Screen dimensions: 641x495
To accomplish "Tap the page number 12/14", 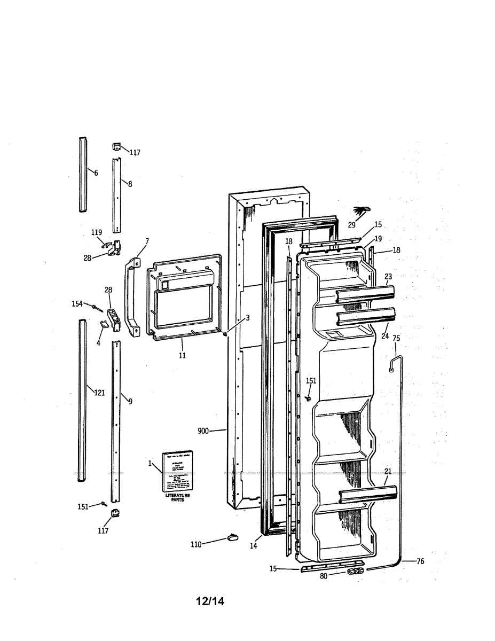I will click(x=210, y=601).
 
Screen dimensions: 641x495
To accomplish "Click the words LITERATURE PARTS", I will click(x=177, y=498).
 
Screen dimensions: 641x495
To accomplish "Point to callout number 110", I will click(x=196, y=544).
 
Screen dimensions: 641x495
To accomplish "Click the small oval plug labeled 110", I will click(x=232, y=536).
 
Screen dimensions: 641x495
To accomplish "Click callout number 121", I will click(x=99, y=393).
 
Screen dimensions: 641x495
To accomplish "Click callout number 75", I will click(x=396, y=338).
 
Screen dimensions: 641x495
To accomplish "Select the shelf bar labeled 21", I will click(x=368, y=494).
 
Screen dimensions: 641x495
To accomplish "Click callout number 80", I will click(x=324, y=576).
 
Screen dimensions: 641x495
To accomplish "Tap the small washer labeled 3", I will click(x=225, y=334).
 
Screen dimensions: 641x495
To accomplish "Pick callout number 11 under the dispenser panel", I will click(x=182, y=355).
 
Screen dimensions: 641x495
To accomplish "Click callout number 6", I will click(x=96, y=173).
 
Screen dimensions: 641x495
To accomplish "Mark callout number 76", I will click(x=420, y=561).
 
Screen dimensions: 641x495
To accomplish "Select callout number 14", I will click(x=253, y=546).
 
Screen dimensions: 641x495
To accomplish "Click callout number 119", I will click(x=96, y=232).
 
